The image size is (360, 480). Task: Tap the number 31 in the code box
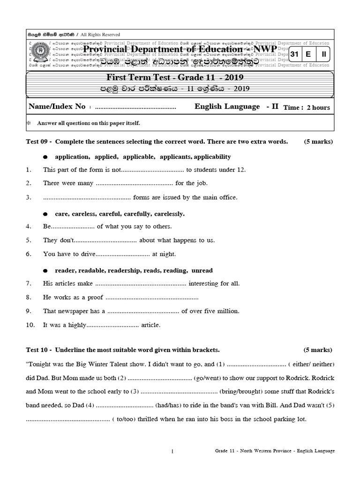click(294, 54)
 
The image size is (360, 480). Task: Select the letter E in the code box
click(308, 54)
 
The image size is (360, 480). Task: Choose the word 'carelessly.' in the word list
click(168, 214)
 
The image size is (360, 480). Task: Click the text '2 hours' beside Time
click(318, 107)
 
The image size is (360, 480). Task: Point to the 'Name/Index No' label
click(57, 107)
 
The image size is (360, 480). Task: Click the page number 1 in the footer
click(172, 451)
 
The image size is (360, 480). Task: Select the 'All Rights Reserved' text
click(100, 34)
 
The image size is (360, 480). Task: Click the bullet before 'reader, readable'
click(45, 271)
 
